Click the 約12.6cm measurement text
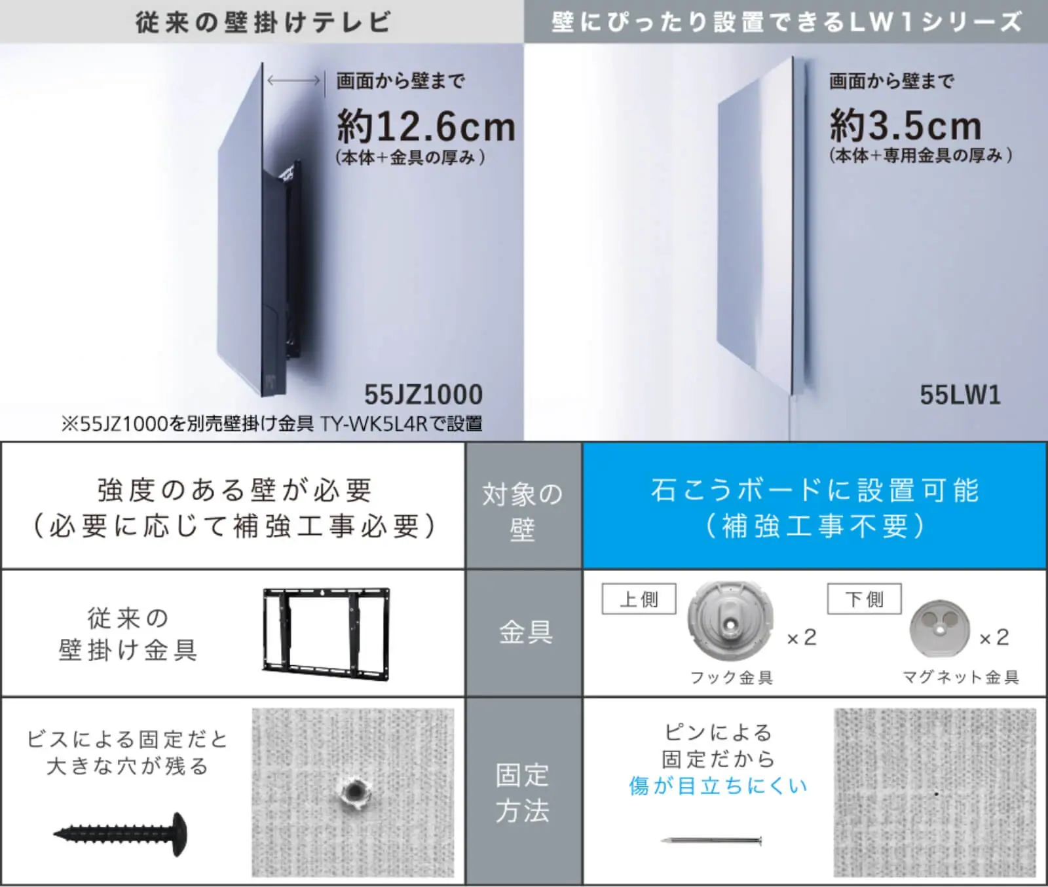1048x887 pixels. click(x=426, y=126)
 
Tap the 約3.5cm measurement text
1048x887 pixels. click(x=905, y=125)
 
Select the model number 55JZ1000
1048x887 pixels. click(x=423, y=395)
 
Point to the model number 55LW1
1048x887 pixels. click(x=960, y=395)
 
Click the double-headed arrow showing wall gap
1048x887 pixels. click(x=293, y=81)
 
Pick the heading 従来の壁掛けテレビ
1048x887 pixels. click(x=263, y=22)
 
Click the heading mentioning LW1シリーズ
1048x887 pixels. click(x=786, y=22)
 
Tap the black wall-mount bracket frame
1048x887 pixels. click(x=326, y=633)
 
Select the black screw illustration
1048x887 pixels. click(x=121, y=833)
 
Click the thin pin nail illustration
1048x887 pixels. click(x=711, y=840)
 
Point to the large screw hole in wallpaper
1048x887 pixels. click(x=354, y=793)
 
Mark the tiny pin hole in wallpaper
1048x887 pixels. click(x=936, y=793)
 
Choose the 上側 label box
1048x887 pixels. click(x=639, y=599)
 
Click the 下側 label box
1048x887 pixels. click(x=864, y=599)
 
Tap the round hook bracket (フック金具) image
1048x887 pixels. click(x=730, y=622)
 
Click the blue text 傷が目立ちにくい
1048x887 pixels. click(x=718, y=786)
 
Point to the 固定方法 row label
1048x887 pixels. click(x=523, y=793)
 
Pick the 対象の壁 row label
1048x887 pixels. click(x=523, y=511)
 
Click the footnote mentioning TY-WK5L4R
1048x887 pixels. click(x=272, y=424)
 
